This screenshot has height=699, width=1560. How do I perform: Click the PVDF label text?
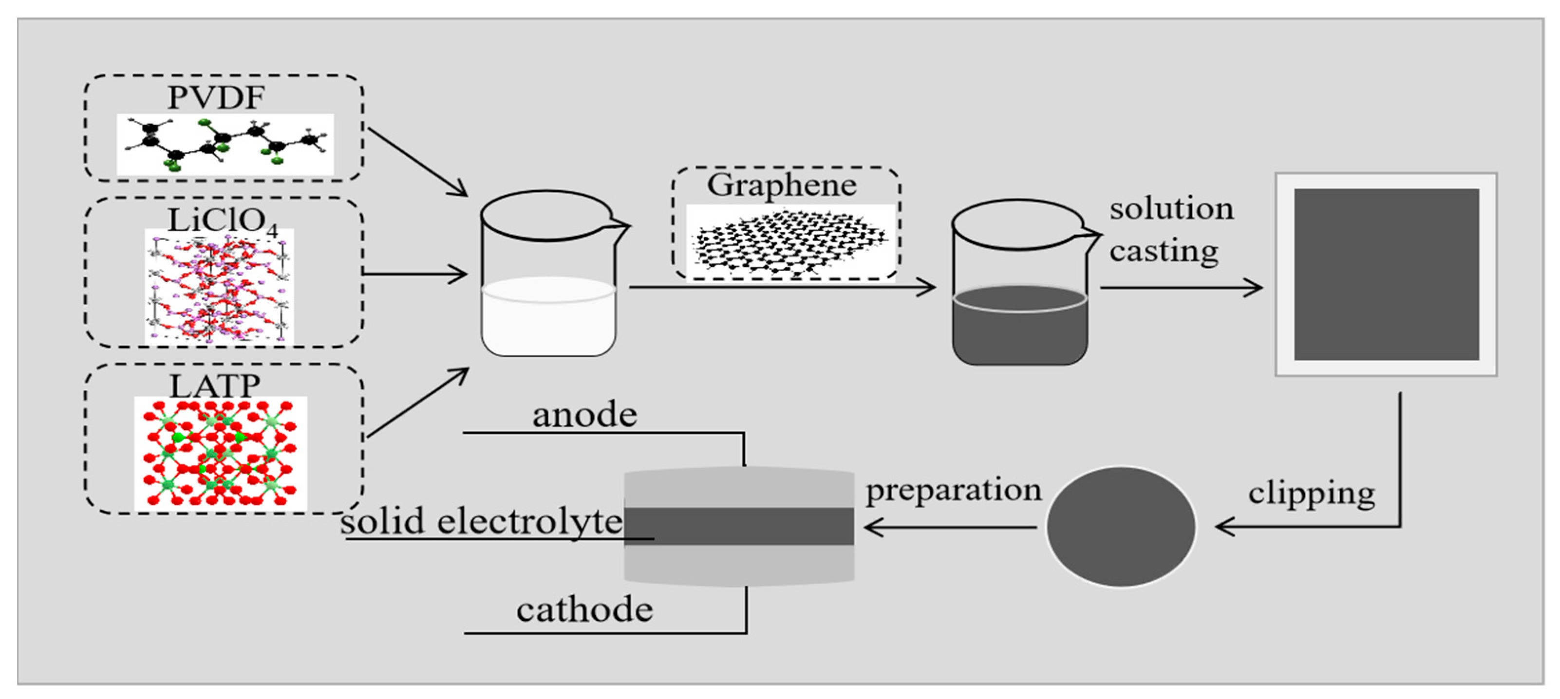point(216,97)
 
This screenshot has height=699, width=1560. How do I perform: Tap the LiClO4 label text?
point(222,221)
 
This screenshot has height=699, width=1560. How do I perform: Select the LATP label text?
point(215,386)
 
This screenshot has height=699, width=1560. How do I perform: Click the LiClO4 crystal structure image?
point(219,286)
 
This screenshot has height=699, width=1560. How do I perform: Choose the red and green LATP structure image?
point(221,453)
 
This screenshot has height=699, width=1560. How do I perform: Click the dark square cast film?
point(1386,274)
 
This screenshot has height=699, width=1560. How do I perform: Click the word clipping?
point(1311,495)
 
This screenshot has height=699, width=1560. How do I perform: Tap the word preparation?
point(953,490)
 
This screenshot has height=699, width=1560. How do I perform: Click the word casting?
point(1164,251)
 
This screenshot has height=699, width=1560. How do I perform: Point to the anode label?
point(584,415)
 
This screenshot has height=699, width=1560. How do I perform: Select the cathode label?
point(584,609)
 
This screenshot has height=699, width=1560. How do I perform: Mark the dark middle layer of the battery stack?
point(739,527)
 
